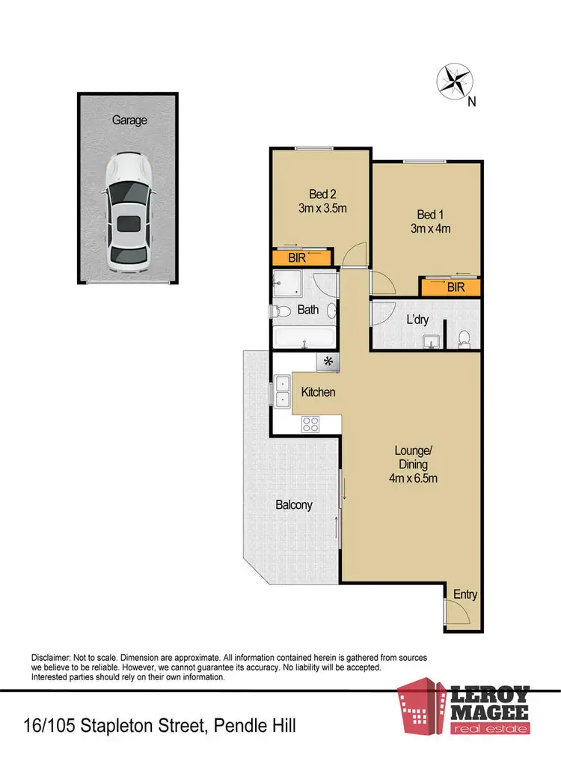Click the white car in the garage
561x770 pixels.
click(129, 213)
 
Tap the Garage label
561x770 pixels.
click(129, 120)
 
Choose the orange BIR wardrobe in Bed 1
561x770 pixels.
click(450, 287)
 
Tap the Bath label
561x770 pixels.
click(308, 309)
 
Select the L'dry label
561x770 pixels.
click(417, 320)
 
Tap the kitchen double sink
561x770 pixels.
click(283, 391)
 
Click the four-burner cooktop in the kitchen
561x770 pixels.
click(311, 424)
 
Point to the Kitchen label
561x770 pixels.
click(318, 392)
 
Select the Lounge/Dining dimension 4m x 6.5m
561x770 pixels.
click(414, 477)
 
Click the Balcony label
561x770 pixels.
click(294, 505)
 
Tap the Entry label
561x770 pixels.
click(465, 595)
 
